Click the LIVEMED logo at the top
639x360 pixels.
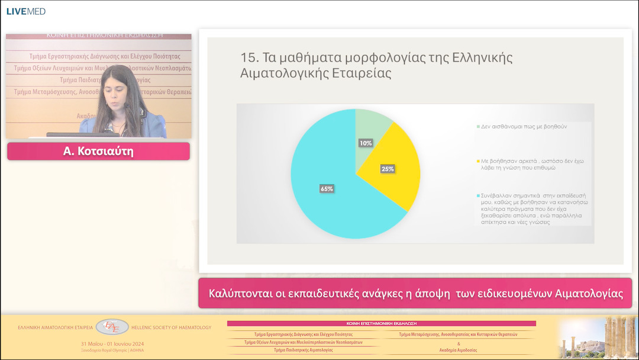25,11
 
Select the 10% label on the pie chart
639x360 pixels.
366,143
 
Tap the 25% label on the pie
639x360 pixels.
388,169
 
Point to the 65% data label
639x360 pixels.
327,189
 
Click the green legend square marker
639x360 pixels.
478,127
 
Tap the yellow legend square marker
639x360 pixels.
478,161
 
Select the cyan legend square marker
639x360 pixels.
478,195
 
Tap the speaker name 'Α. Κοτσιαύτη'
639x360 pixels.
98,152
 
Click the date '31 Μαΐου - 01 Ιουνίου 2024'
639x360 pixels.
112,344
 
